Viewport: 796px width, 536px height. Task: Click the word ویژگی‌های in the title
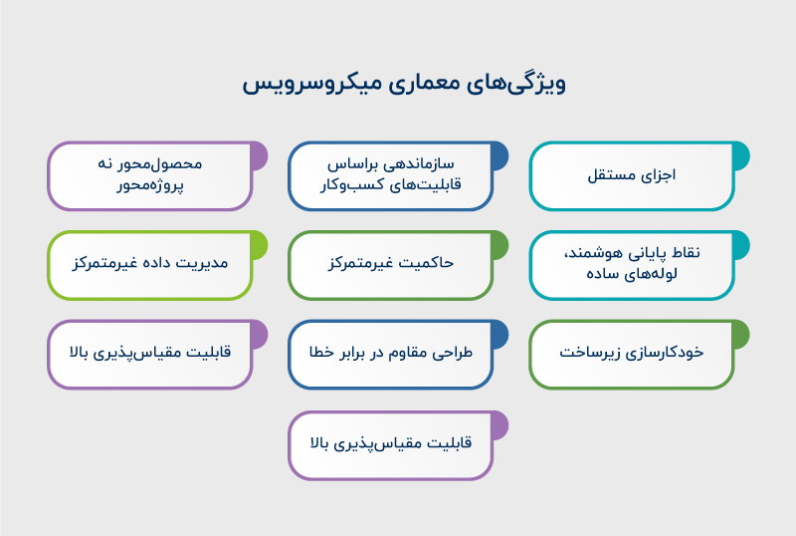tap(517, 83)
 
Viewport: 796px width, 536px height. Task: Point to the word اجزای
tap(660, 175)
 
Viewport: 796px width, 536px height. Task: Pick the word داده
tap(152, 264)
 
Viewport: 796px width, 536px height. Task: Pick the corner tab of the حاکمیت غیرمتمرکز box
tap(498, 242)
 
